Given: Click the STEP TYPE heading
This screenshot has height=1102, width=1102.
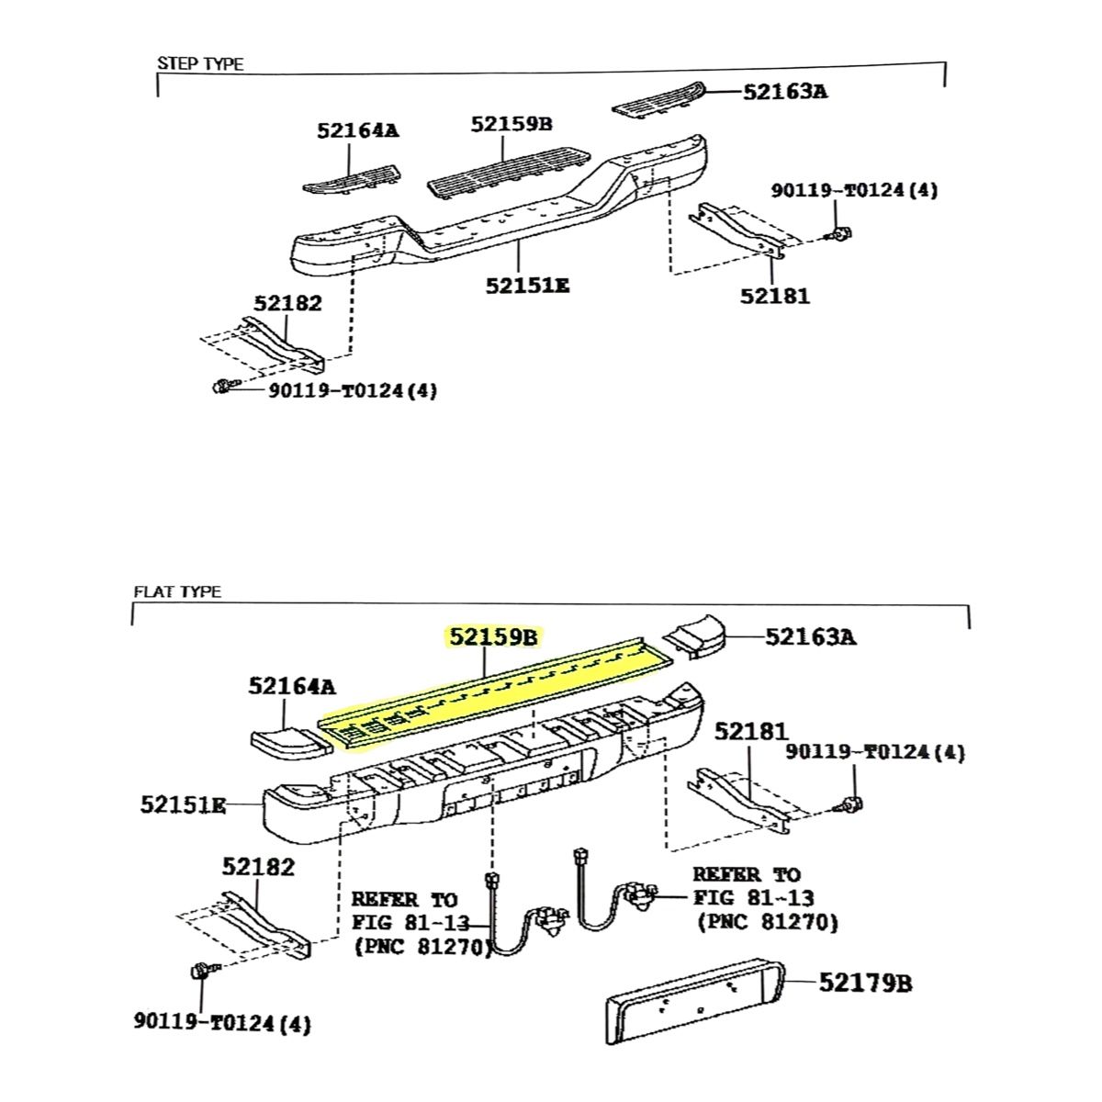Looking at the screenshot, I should click(200, 64).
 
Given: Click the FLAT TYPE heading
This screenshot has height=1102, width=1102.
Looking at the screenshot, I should click(177, 591).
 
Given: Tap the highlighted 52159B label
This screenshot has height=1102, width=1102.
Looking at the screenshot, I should click(494, 636).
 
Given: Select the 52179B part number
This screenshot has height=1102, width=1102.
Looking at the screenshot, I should click(865, 984).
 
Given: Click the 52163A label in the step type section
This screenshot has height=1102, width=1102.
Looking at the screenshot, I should click(784, 91).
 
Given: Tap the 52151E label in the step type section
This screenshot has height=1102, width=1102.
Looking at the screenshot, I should click(527, 286).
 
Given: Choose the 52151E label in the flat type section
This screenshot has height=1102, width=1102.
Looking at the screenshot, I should click(183, 805).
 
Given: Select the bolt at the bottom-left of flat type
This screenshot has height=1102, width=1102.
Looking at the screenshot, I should click(199, 973).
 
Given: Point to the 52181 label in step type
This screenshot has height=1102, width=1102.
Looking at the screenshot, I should click(776, 296).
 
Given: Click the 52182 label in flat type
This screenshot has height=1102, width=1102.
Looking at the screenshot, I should click(258, 866).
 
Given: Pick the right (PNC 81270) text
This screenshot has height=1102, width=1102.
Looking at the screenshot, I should click(767, 921).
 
